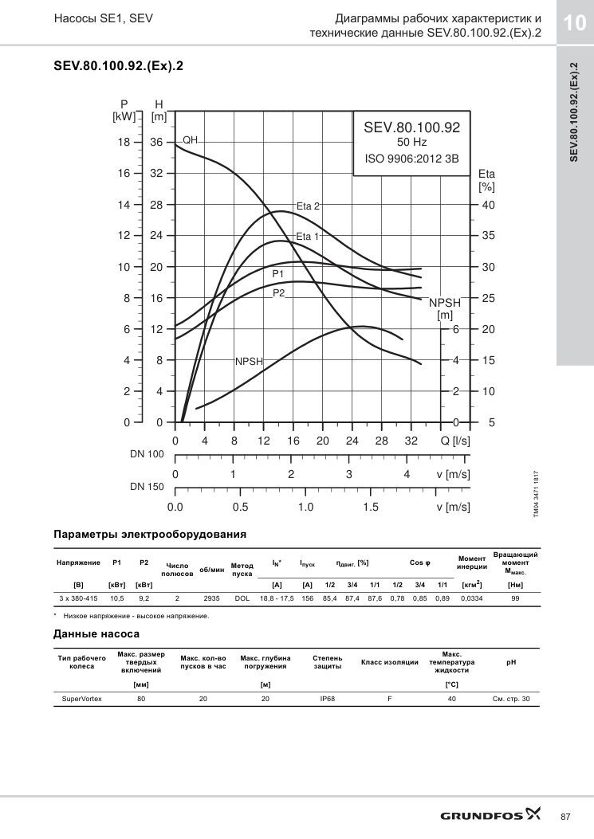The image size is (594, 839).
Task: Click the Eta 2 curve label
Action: (308, 206)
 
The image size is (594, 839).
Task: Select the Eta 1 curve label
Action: (308, 236)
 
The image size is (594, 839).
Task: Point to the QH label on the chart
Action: (190, 140)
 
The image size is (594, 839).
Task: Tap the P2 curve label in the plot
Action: (278, 292)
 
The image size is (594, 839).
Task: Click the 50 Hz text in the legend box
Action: (411, 143)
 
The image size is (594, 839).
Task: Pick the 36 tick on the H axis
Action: (155, 143)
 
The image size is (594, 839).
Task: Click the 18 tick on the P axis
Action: (124, 143)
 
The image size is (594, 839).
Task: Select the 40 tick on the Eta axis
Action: (488, 205)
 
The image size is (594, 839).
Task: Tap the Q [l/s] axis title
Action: (455, 441)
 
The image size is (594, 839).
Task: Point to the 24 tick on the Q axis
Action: (352, 441)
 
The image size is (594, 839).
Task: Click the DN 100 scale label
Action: (147, 454)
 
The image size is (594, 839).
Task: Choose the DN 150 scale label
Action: (147, 487)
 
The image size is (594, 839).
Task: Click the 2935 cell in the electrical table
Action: (211, 598)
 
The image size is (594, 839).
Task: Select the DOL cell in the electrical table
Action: (242, 598)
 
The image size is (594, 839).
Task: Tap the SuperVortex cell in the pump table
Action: (82, 699)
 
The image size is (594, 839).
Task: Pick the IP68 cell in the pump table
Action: (327, 699)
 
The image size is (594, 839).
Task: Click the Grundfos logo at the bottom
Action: (490, 814)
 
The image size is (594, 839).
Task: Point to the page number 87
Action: (565, 817)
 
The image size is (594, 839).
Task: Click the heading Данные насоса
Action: (96, 634)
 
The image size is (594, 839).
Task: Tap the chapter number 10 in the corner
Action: (574, 22)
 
